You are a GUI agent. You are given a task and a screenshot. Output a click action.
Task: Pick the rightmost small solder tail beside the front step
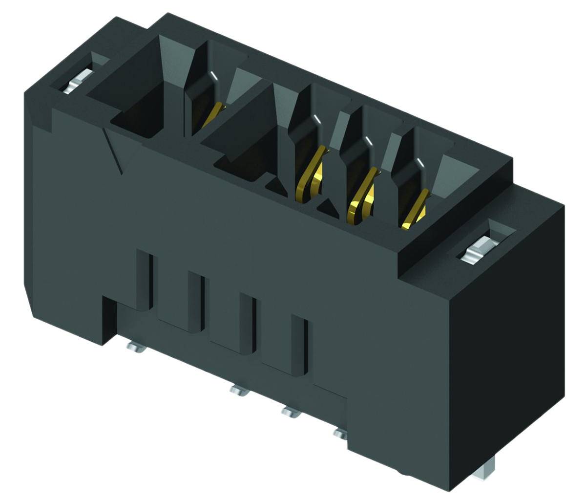coord(340,432)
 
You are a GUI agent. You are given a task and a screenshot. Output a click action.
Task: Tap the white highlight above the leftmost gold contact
coord(214,76)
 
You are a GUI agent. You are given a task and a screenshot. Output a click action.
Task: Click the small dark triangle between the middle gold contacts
coord(330,207)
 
